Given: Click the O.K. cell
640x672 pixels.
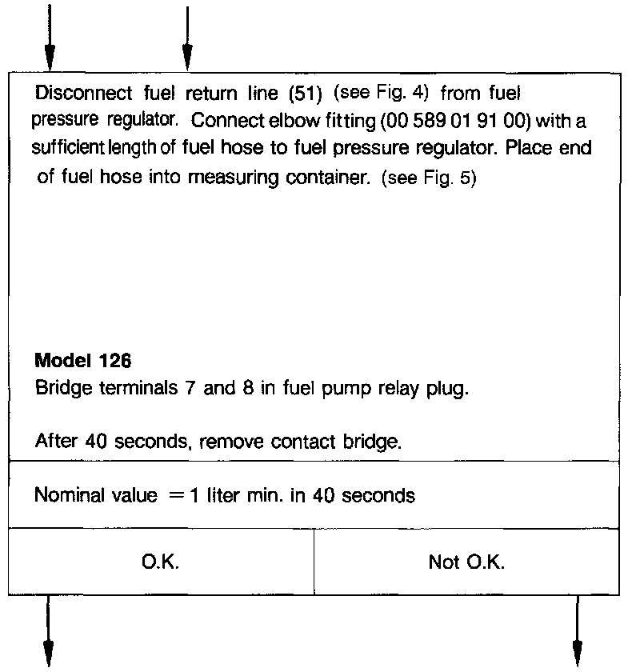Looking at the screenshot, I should (x=161, y=562).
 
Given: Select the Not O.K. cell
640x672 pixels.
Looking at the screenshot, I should (x=466, y=562).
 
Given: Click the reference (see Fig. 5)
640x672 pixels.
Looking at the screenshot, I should (x=430, y=178).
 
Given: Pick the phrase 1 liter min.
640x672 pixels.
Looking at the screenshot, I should (x=247, y=496).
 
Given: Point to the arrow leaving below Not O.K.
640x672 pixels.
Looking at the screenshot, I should (x=576, y=632).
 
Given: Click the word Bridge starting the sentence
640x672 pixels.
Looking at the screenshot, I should (x=58, y=390).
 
